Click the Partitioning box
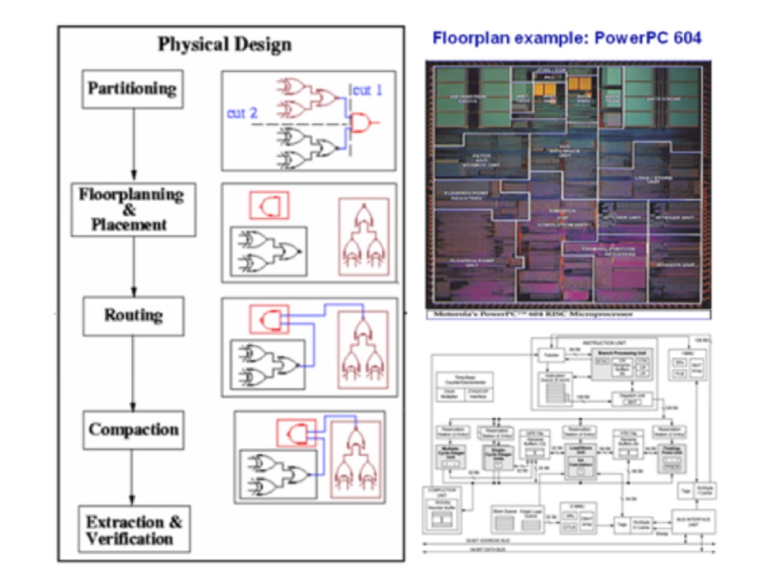coord(132,89)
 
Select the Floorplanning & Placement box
coord(133,209)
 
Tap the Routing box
coord(133,316)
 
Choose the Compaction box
coord(133,430)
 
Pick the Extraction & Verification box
coord(134,529)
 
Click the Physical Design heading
coord(225,44)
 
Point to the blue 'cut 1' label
coord(367,90)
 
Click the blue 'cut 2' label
coord(242,113)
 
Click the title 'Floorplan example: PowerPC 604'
coord(566,39)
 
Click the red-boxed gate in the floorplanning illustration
coord(269,205)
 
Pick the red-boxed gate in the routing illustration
coord(269,319)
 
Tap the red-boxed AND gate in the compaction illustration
coord(296,433)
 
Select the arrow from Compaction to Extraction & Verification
coord(132,478)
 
